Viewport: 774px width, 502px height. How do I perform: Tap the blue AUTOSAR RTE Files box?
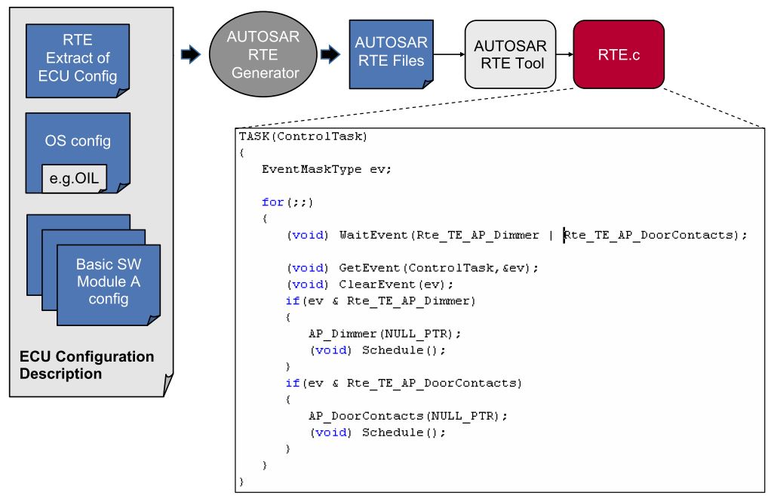pos(392,52)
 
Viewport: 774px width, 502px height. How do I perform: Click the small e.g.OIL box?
pos(75,179)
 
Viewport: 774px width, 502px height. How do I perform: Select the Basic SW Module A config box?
pos(108,282)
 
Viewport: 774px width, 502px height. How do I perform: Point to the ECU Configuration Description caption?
pos(86,365)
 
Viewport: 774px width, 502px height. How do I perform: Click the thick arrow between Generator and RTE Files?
pos(330,54)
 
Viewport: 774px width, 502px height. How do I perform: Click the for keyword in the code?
pos(272,202)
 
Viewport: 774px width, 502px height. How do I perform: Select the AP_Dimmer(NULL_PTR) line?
pos(384,333)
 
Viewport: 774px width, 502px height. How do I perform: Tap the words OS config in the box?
pos(78,141)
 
